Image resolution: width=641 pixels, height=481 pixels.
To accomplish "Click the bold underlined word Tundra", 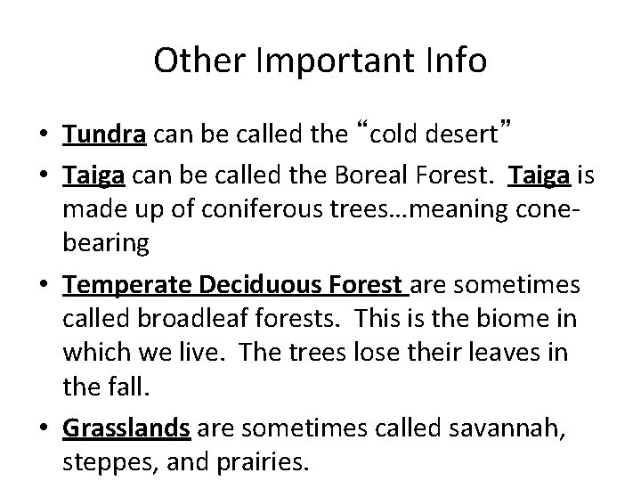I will (104, 135).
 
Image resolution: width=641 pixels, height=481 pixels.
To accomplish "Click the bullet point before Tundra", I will (46, 136).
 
